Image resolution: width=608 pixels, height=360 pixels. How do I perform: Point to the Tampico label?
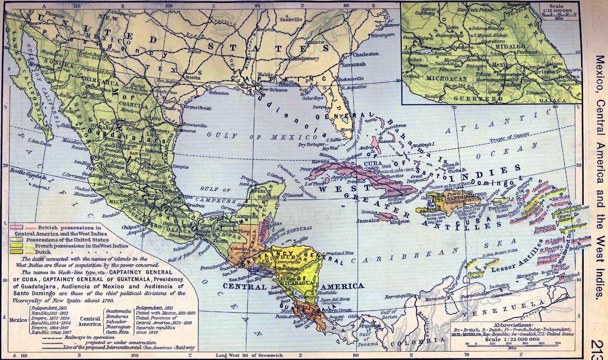180,166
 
